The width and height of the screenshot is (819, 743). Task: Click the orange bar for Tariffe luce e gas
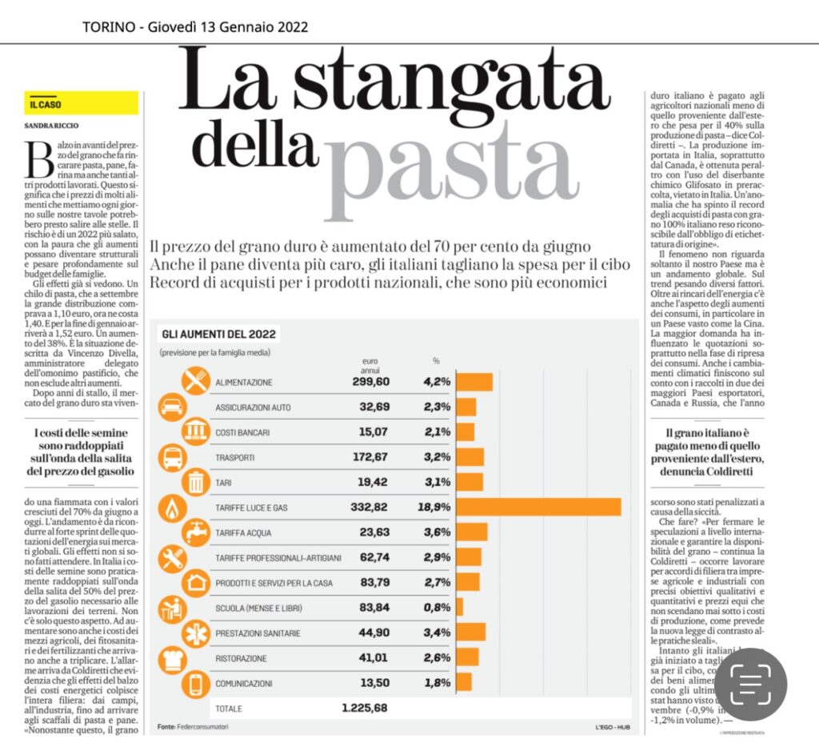coord(538,507)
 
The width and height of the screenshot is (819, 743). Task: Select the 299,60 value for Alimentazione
coord(370,382)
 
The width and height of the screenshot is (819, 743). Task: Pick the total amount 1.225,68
coord(364,707)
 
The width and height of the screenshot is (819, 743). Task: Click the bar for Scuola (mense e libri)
coord(459,607)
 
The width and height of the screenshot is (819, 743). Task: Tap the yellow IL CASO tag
coord(81,103)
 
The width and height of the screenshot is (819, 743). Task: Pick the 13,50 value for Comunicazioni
coord(374,682)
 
